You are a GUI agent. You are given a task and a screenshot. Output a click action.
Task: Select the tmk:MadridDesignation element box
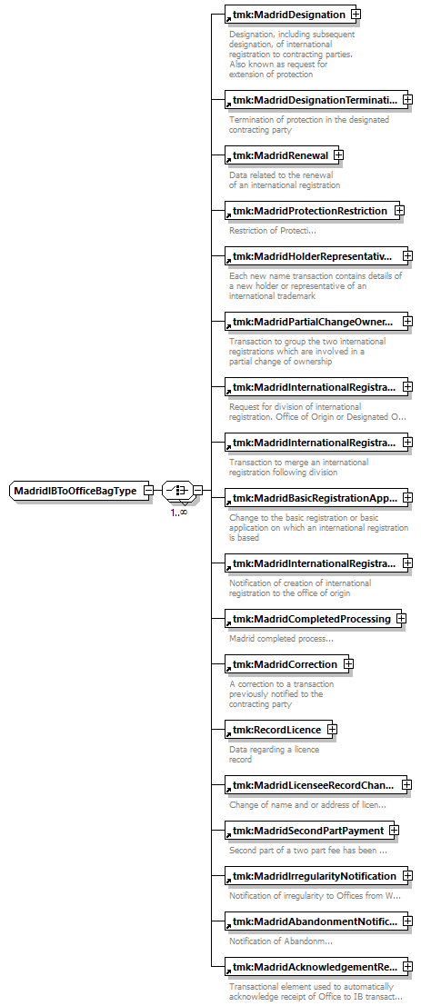pos(290,15)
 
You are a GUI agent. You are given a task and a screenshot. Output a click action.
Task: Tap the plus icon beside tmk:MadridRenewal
pos(339,155)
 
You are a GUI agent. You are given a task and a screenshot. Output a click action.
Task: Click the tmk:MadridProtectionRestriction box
pos(314,211)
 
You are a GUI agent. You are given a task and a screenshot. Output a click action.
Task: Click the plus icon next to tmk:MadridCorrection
pos(348,664)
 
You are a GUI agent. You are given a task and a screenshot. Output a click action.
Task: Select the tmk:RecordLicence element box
pos(278,730)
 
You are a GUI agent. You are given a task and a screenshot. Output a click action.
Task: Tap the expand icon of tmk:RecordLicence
pos(333,730)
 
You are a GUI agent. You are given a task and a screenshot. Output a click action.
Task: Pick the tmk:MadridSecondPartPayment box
pos(312,831)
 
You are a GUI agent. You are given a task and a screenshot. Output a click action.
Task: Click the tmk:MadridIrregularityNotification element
pos(316,876)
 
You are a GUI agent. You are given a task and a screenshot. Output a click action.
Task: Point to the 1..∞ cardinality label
pos(179,513)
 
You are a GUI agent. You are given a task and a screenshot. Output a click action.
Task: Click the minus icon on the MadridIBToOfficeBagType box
pos(149,491)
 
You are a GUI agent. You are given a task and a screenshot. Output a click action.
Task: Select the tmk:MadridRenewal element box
pos(282,155)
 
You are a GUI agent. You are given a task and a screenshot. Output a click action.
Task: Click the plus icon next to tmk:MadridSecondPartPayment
pos(394,831)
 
